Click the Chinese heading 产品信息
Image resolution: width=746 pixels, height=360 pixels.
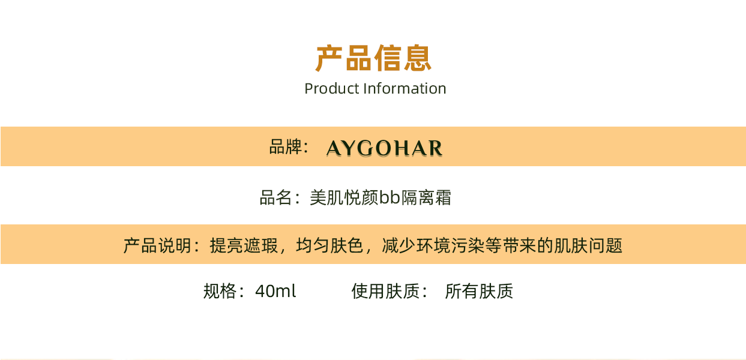tap(373, 58)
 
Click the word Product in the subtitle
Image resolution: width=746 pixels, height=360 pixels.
tap(332, 89)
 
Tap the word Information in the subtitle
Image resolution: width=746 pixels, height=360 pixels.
tap(405, 89)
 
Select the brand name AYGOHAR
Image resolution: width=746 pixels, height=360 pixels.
tap(384, 148)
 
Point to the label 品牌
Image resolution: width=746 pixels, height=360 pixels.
tap(286, 146)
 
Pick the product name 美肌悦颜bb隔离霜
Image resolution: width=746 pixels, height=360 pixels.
tap(381, 197)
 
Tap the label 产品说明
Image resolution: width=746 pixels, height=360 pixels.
tap(157, 246)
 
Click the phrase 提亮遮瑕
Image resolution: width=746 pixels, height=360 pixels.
tap(244, 246)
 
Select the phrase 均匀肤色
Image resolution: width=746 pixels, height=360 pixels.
tap(329, 246)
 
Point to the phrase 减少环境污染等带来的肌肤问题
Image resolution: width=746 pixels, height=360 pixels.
tap(502, 246)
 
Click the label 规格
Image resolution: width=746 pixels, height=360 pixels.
tap(220, 291)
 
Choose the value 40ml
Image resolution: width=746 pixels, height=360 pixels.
tap(275, 291)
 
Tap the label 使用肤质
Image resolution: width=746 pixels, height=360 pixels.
tap(385, 291)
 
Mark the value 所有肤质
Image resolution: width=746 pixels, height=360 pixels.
tap(479, 291)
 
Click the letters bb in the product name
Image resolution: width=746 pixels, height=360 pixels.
tap(390, 197)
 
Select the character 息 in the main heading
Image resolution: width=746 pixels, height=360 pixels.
tap(418, 58)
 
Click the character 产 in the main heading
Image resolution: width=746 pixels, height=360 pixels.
tap(329, 58)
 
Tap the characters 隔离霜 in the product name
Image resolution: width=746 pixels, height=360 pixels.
tap(426, 197)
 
